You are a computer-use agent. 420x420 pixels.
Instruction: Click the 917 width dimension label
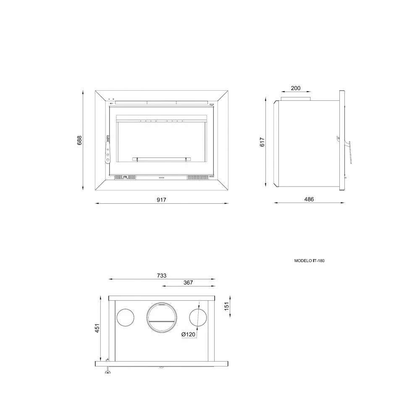click(162, 199)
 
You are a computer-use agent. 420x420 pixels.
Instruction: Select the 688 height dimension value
click(79, 140)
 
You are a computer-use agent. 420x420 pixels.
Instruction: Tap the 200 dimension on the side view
click(295, 88)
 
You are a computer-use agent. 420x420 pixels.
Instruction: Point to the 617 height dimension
click(262, 142)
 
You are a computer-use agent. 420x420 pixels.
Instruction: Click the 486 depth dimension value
click(309, 199)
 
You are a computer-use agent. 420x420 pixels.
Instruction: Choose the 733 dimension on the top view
click(162, 276)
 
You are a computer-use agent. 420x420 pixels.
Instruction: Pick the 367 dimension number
click(188, 283)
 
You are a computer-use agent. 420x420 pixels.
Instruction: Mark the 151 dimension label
click(227, 307)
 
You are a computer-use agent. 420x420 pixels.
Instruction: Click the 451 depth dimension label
click(97, 328)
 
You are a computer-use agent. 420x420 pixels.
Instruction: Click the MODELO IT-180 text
click(309, 260)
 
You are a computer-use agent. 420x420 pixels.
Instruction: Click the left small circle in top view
click(125, 318)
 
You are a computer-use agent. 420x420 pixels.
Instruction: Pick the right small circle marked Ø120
click(198, 318)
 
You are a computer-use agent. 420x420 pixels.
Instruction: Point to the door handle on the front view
click(108, 150)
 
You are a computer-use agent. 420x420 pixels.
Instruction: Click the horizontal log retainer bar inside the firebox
click(162, 159)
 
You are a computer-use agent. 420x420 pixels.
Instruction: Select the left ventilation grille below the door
click(125, 178)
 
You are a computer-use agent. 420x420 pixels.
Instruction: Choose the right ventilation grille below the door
click(198, 178)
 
